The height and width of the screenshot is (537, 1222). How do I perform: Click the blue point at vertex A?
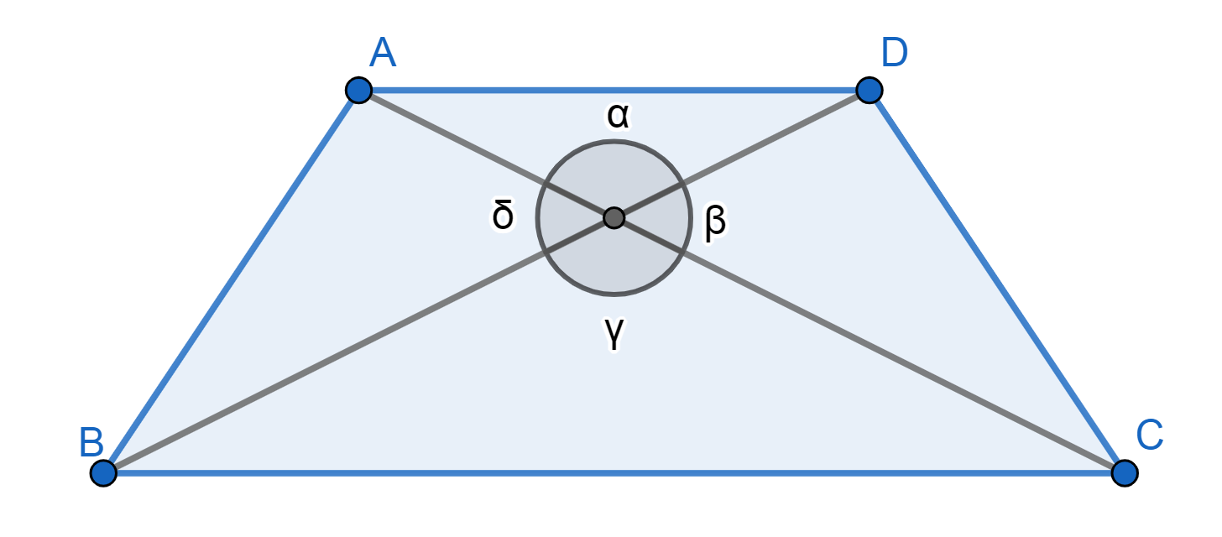(x=358, y=89)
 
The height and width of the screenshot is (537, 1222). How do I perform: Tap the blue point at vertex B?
(x=103, y=472)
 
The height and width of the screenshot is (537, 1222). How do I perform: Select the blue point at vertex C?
(x=1124, y=472)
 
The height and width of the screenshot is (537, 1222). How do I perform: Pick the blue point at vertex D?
(x=869, y=89)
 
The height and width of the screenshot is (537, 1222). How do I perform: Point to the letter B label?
(x=91, y=442)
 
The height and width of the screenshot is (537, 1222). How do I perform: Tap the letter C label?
(x=1149, y=435)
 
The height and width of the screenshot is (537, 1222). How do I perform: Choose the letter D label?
(x=895, y=53)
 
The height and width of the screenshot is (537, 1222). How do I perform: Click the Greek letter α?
(x=619, y=117)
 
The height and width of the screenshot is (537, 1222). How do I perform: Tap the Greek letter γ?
(x=615, y=333)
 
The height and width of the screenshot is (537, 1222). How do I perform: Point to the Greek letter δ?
(x=503, y=216)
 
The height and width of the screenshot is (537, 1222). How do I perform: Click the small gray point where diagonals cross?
(x=614, y=218)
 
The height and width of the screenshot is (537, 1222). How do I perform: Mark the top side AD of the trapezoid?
(x=614, y=89)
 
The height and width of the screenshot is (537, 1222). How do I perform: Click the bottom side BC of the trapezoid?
(x=614, y=472)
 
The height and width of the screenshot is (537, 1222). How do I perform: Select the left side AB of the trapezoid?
(x=231, y=281)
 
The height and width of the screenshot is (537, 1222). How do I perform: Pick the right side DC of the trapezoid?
(x=996, y=281)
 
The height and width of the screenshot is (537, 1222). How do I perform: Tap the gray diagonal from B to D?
(x=336, y=357)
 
